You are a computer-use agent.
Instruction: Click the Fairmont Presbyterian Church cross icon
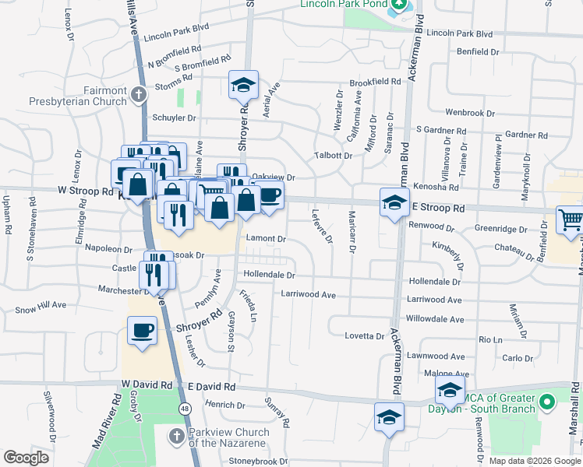tap(139, 95)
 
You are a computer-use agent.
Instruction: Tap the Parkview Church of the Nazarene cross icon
tap(177, 434)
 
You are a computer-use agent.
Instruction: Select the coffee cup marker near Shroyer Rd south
tap(143, 331)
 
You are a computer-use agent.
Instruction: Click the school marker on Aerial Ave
tap(243, 84)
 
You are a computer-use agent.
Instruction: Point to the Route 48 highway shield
tap(185, 408)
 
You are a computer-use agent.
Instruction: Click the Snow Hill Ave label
tap(41, 307)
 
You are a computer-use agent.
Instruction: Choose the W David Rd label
tap(147, 385)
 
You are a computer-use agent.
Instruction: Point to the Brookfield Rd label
tap(375, 82)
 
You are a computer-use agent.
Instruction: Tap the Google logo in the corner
tap(26, 458)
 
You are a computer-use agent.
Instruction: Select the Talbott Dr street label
tap(333, 156)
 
